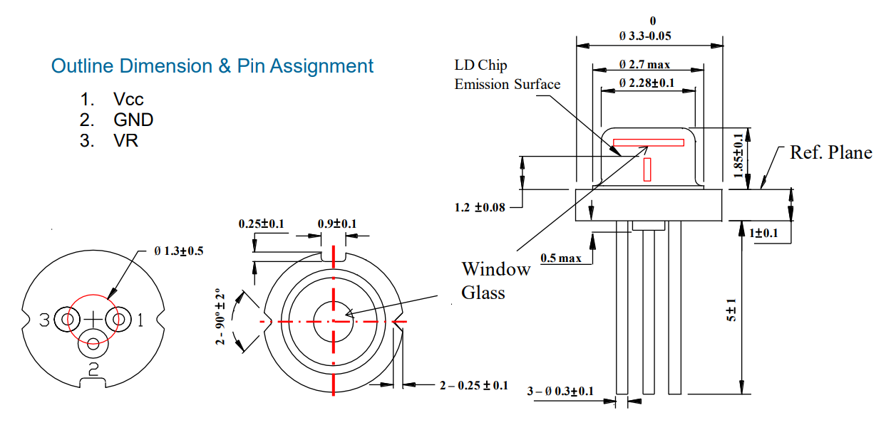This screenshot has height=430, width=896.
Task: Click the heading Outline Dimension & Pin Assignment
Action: click(212, 66)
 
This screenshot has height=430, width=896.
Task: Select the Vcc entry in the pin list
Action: click(128, 99)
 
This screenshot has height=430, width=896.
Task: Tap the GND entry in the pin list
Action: click(133, 120)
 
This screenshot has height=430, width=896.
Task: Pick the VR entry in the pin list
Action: click(125, 140)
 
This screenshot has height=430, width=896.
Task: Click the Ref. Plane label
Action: click(830, 152)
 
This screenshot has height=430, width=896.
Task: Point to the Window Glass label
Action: click(495, 280)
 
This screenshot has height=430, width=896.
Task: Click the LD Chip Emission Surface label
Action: click(507, 75)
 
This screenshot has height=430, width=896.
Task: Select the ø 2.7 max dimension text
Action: click(644, 65)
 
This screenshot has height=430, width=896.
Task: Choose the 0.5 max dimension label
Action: click(561, 258)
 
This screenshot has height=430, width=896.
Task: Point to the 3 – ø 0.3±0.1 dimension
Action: click(560, 391)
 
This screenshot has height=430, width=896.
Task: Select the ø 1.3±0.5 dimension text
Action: click(178, 251)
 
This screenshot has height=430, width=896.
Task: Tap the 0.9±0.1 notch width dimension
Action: click(337, 224)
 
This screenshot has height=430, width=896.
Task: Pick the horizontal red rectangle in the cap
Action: click(648, 142)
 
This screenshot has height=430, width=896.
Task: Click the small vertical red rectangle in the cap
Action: click(647, 169)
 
